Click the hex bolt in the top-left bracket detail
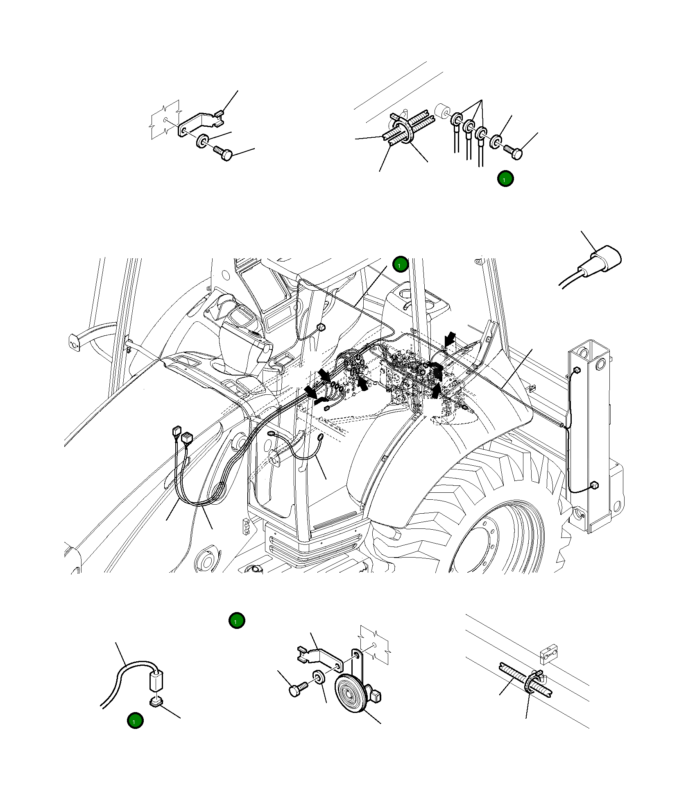(x=224, y=154)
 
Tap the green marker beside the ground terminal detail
(x=505, y=179)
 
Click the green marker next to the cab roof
(x=400, y=264)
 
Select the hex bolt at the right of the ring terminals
(x=514, y=153)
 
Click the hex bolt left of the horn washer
(x=298, y=689)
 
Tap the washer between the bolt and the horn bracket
(x=319, y=677)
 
